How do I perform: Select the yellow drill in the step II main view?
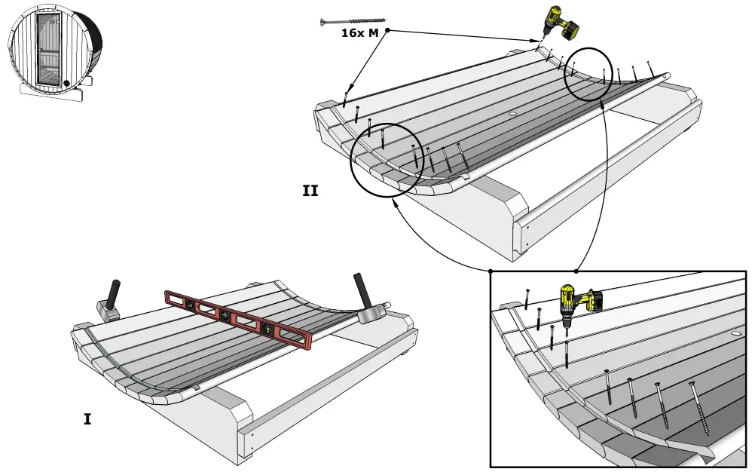tap(560, 24)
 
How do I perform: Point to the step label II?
tap(310, 191)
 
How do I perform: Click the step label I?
tap(87, 418)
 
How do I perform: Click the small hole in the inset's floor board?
tap(735, 332)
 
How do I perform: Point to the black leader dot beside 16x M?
tap(388, 30)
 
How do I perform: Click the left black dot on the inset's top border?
tap(490, 271)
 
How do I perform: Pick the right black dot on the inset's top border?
tap(576, 271)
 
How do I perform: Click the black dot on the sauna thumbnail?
tap(66, 83)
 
